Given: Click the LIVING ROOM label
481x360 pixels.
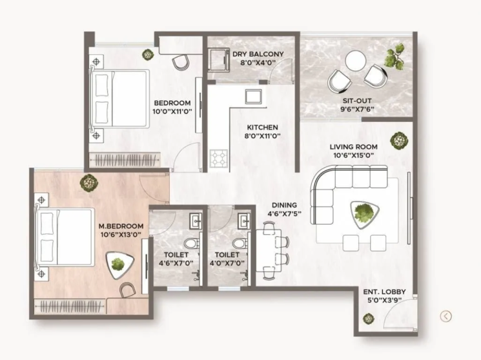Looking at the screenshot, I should click(x=354, y=147).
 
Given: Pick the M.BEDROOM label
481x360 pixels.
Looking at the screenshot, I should click(x=121, y=226).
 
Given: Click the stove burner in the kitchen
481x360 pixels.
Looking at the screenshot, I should click(x=218, y=158).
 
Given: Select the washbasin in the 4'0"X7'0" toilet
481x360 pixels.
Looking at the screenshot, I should click(x=244, y=222).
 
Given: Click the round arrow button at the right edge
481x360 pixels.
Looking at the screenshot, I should click(x=446, y=315).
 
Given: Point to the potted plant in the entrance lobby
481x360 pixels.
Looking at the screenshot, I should click(x=368, y=318).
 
